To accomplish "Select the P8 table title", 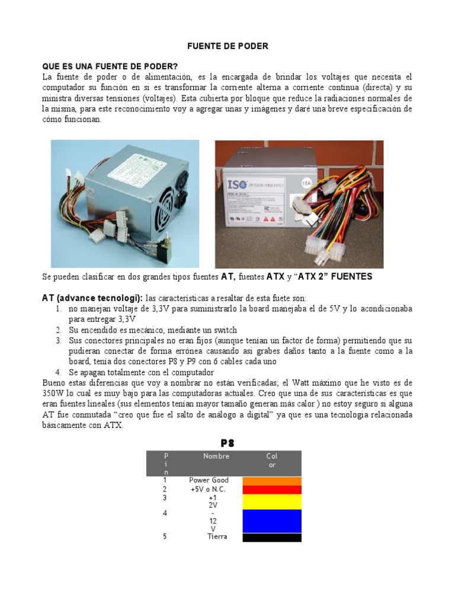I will [x=227, y=443].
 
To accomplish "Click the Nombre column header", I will [x=216, y=456].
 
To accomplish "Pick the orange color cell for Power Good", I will [x=272, y=481].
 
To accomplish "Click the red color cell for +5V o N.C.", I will [x=272, y=490].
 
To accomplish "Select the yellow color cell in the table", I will [x=272, y=501].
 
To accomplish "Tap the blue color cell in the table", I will [x=272, y=520].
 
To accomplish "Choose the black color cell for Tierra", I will [x=272, y=537].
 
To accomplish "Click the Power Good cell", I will [x=209, y=480].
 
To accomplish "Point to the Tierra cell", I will [x=217, y=536].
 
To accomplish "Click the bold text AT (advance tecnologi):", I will [x=92, y=297].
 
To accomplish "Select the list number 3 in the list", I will [x=59, y=341].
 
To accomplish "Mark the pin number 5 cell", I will [x=165, y=536].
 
